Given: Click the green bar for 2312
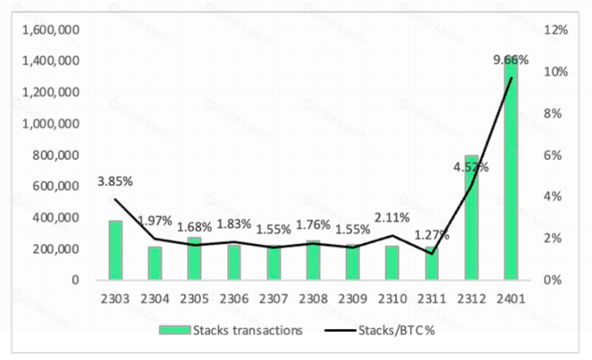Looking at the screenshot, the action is [x=472, y=217].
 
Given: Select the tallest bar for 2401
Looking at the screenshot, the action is [x=511, y=167].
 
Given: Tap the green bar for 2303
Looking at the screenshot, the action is [x=115, y=250].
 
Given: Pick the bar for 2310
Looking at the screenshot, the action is [x=392, y=263].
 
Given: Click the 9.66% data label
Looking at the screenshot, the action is [x=511, y=60].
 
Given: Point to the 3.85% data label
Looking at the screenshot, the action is [x=115, y=181].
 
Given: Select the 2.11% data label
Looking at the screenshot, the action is [x=392, y=217].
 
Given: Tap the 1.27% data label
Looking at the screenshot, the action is [x=432, y=235].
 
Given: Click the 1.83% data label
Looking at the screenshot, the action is [x=234, y=224].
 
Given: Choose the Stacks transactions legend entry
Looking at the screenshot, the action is [x=231, y=331].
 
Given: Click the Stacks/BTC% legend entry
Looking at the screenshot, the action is [x=380, y=331].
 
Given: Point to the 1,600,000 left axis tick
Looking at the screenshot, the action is [x=51, y=29].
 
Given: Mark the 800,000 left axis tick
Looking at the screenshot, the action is [x=56, y=155].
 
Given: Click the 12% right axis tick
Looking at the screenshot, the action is [x=555, y=29].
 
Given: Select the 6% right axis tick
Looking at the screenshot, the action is [x=553, y=155].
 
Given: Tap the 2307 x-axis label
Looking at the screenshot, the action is [x=273, y=299].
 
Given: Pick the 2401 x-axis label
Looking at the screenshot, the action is [x=511, y=299].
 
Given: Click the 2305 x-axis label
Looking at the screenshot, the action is [x=194, y=299].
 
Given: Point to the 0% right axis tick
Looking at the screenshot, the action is [x=553, y=280].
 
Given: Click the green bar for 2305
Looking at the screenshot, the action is [x=194, y=259].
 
